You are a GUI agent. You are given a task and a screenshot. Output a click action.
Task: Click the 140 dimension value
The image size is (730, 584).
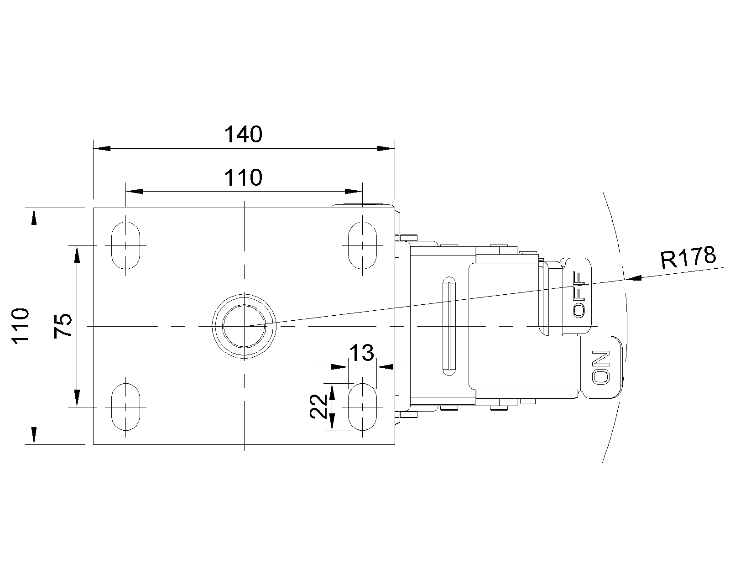click(x=244, y=135)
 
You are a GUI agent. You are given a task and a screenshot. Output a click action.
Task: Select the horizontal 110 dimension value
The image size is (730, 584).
click(x=244, y=177)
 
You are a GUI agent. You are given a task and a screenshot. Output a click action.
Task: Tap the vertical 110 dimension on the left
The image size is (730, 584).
click(x=21, y=326)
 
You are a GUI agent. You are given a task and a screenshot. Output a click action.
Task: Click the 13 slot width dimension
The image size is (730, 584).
click(x=362, y=353)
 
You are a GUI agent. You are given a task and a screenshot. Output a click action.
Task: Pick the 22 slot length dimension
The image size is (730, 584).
click(x=318, y=407)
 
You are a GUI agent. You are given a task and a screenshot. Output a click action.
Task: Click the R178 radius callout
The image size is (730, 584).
click(x=688, y=257)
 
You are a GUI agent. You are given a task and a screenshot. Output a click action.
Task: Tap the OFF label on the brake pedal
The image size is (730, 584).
click(x=579, y=295)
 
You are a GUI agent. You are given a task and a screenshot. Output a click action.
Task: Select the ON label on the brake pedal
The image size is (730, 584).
click(x=601, y=368)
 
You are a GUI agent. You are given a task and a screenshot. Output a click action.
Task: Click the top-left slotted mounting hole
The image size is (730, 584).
click(x=125, y=245)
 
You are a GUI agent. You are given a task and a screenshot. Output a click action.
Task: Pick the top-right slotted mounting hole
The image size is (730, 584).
click(x=362, y=245)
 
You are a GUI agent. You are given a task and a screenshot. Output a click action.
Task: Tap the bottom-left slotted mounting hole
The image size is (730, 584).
click(x=125, y=407)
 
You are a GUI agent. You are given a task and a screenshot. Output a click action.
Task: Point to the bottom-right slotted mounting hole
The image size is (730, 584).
click(x=362, y=407)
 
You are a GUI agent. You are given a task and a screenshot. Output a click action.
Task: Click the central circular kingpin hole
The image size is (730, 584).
click(x=244, y=326)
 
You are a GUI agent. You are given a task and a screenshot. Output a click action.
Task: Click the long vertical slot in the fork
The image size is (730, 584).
click(x=449, y=326)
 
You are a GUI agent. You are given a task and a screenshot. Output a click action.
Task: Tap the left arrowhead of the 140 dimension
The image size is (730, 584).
click(x=102, y=148)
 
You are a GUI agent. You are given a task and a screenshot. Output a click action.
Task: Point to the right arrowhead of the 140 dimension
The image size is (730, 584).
click(x=386, y=148)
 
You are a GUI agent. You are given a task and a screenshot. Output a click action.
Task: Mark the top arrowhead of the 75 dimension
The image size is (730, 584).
click(x=77, y=254)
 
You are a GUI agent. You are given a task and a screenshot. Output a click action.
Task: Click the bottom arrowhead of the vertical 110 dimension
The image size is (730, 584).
click(x=34, y=436)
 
